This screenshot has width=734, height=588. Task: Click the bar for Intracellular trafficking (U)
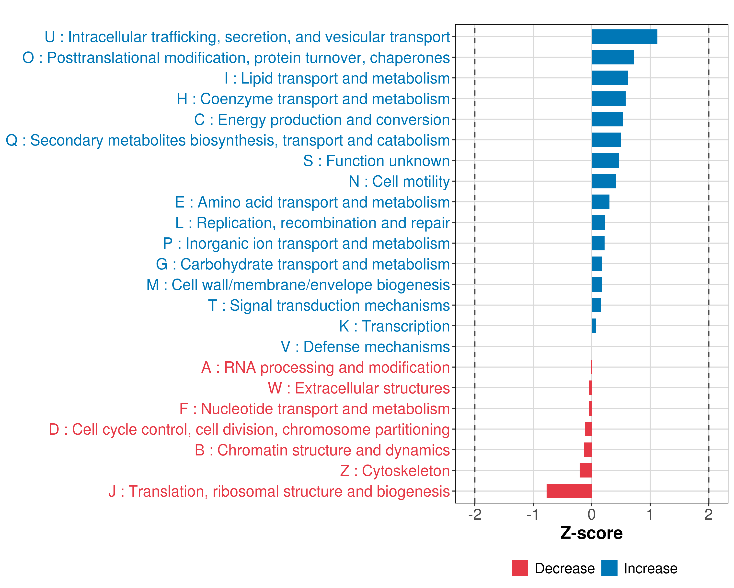click(x=624, y=37)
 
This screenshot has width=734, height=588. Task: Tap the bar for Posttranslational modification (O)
click(x=612, y=57)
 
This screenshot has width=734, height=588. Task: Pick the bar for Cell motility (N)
click(x=603, y=181)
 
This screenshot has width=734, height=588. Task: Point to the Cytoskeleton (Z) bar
click(x=585, y=470)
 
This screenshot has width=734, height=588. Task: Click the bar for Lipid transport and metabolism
click(x=610, y=78)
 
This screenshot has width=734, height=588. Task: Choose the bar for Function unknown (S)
click(x=605, y=160)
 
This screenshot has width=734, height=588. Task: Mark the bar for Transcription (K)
click(x=594, y=326)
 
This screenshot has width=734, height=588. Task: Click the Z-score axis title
click(x=591, y=533)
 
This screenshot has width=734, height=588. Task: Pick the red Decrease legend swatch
click(x=520, y=568)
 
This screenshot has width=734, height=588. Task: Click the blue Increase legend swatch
click(x=609, y=568)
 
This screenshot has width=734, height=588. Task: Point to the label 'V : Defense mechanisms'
click(x=365, y=347)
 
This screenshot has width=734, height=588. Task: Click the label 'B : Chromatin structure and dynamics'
click(x=322, y=450)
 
